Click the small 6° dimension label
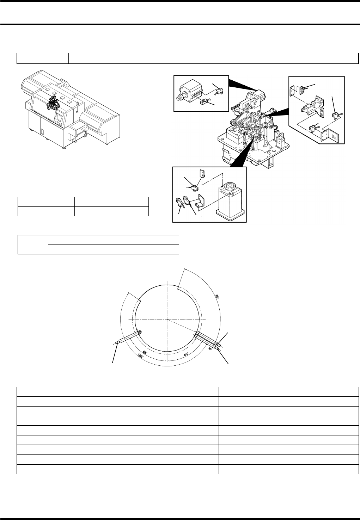pyautogui.click(x=210, y=348)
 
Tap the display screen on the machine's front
pyautogui.click(x=59, y=117)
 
